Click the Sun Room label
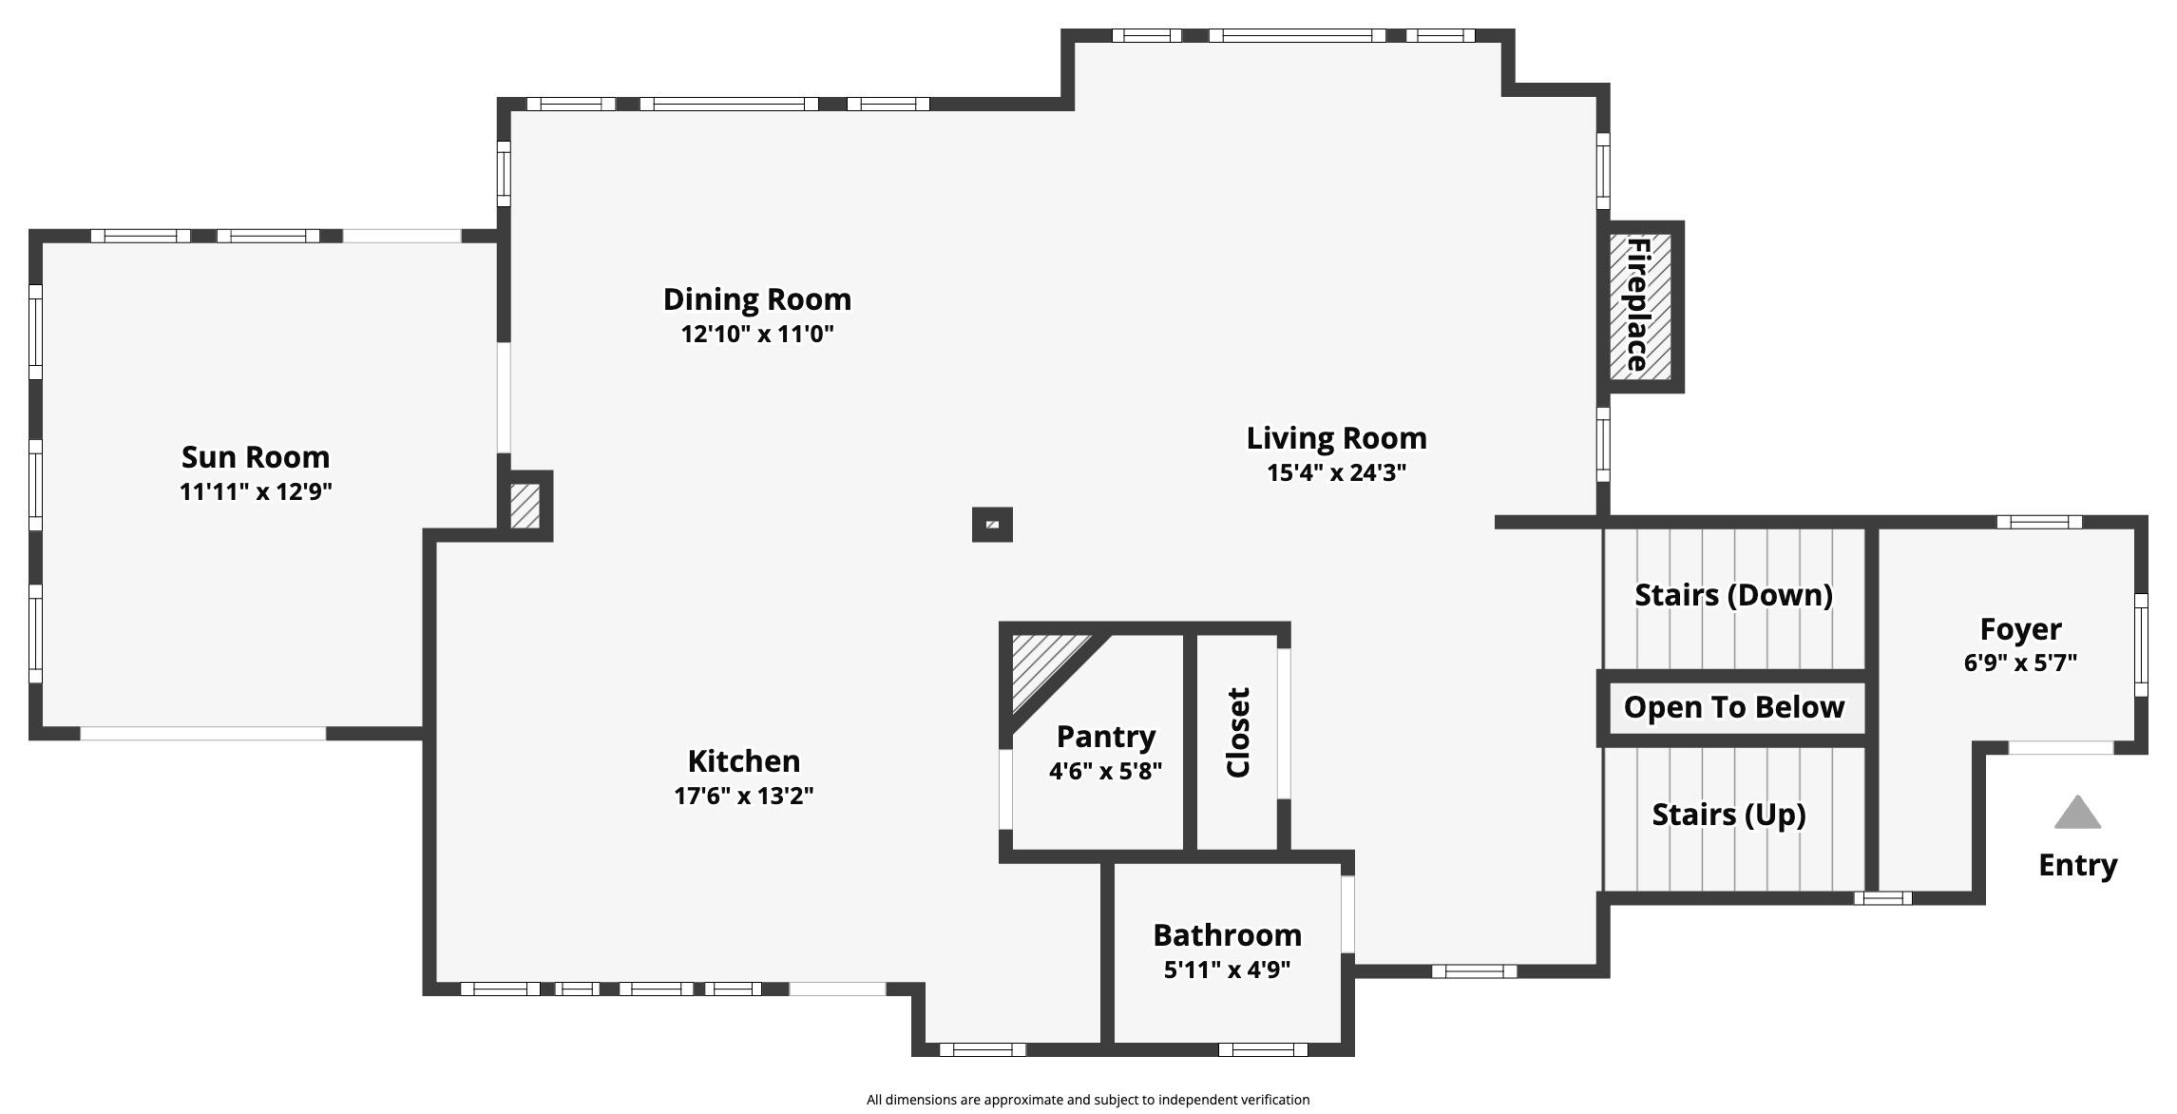pos(256,457)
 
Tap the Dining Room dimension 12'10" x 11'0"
pos(757,335)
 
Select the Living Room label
pos(1336,438)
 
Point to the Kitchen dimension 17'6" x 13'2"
pos(744,797)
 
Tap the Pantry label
pos(1106,737)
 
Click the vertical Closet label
pos(1238,733)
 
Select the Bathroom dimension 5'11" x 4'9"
pos(1227,970)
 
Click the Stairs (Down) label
pos(1733,595)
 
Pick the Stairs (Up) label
pos(1728,815)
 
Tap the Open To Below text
pos(1734,707)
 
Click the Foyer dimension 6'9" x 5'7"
pos(2020,663)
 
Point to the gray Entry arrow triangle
pos(2077,815)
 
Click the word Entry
pos(2077,866)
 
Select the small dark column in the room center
pos(992,525)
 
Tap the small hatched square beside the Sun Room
pos(525,507)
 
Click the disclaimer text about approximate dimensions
pos(1087,1100)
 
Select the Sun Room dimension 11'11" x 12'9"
pos(256,492)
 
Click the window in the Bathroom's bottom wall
pos(1263,1050)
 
